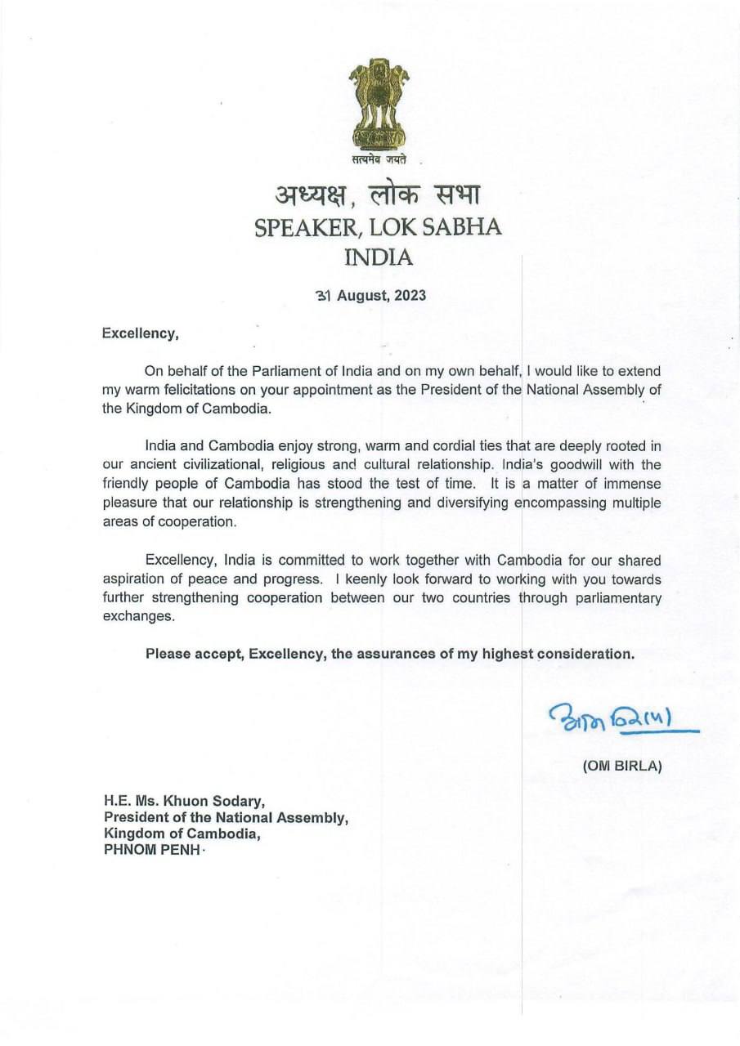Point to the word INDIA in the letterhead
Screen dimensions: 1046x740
[378, 258]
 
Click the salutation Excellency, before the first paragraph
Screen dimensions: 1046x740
[139, 333]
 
